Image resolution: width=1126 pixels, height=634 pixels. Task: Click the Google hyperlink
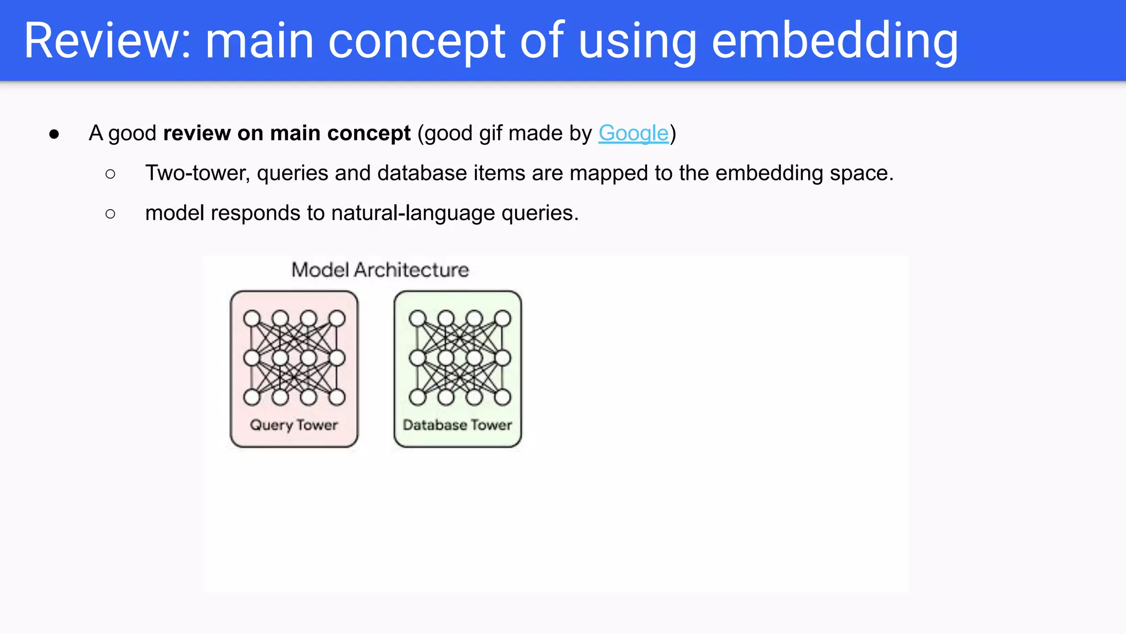633,133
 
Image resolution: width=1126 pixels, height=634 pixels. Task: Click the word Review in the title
107,41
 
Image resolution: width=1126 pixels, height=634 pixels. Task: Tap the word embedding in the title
835,41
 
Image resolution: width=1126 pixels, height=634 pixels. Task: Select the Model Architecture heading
380,270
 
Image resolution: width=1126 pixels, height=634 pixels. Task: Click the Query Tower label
294,425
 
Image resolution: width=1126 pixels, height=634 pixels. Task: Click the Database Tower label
457,425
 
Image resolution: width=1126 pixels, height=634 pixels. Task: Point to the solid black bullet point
54,134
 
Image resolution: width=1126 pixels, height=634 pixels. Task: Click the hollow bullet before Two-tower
111,174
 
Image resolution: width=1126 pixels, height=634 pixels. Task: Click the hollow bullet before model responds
111,214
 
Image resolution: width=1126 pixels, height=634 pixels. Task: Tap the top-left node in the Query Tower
252,319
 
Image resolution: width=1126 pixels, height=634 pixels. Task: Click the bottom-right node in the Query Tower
337,397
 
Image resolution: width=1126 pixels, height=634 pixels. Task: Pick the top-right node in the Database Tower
503,319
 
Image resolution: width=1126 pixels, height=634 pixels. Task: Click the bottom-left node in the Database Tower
417,397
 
